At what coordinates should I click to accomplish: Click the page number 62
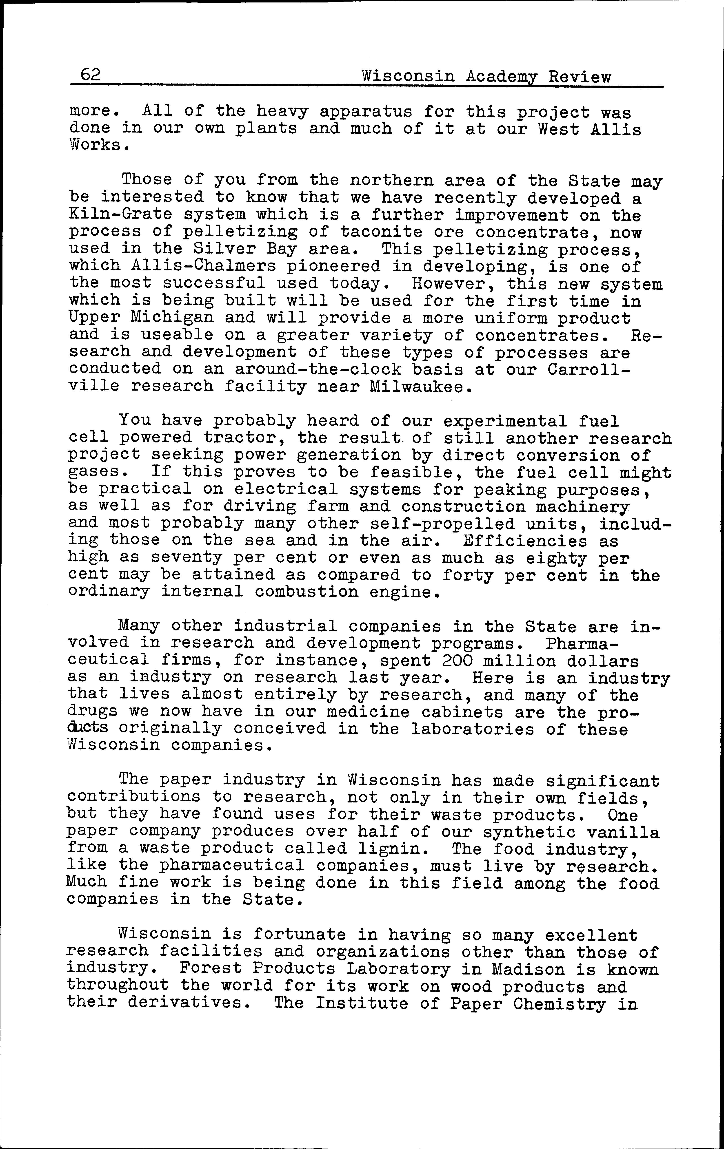point(90,75)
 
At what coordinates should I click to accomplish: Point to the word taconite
point(381,232)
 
